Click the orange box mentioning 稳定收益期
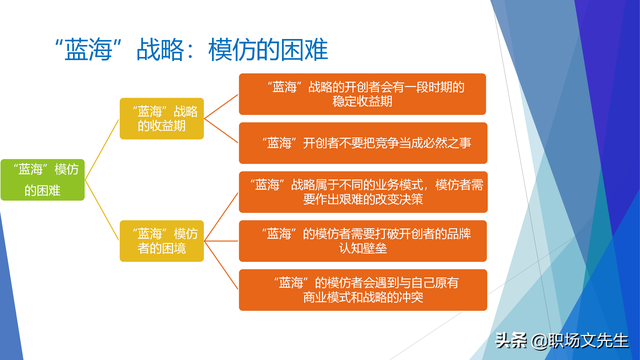click(x=361, y=94)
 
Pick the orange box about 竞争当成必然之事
click(x=361, y=143)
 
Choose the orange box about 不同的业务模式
click(x=361, y=191)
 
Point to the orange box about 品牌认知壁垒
click(x=361, y=240)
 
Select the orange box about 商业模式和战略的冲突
click(x=361, y=289)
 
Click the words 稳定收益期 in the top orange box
click(x=361, y=102)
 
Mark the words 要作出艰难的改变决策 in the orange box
click(x=361, y=199)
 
